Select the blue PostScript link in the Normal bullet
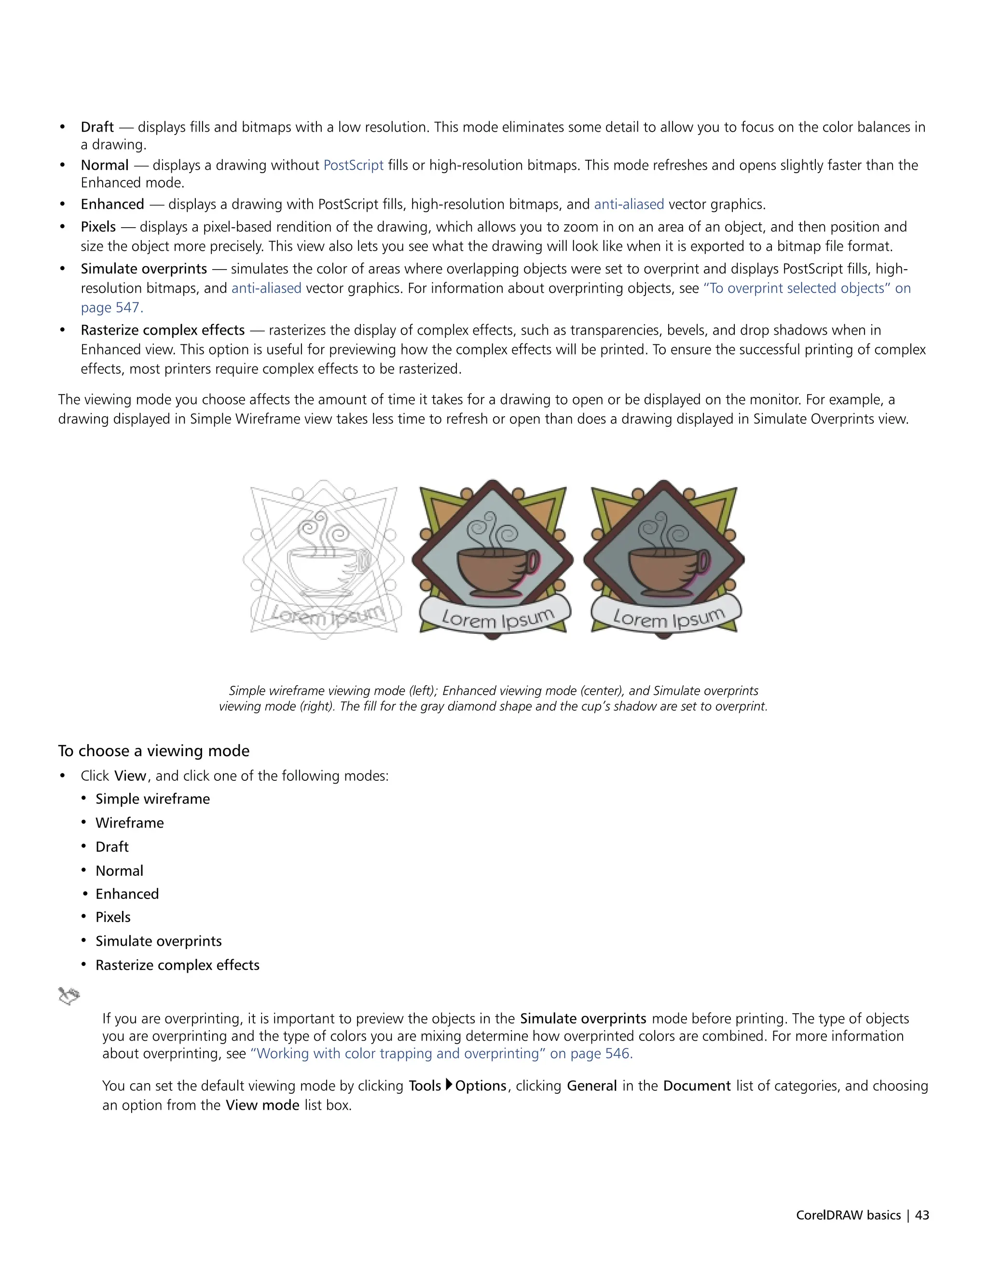[353, 165]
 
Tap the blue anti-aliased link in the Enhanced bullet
[629, 204]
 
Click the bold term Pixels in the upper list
[98, 227]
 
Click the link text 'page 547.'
[112, 307]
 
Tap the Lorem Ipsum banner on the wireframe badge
[326, 614]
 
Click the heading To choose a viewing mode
[153, 751]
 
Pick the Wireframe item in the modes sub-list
[129, 823]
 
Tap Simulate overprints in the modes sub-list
[159, 941]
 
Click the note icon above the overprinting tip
[69, 996]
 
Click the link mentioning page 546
[441, 1053]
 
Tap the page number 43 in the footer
[922, 1215]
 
